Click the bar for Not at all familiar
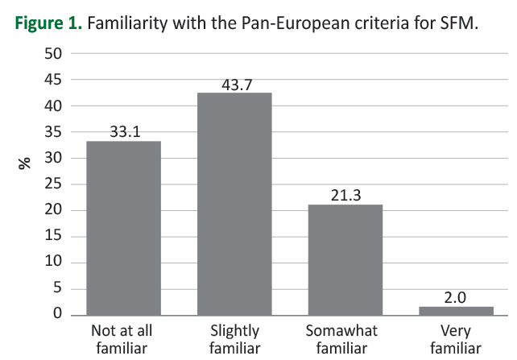123,227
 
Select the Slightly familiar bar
235,203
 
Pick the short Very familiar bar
457,310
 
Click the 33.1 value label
125,132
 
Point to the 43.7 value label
235,84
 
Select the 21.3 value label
346,196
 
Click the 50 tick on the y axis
52,54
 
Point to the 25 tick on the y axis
52,184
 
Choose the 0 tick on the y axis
56,315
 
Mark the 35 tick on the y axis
52,132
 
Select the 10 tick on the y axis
52,263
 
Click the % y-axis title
24,162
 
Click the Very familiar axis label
457,339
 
